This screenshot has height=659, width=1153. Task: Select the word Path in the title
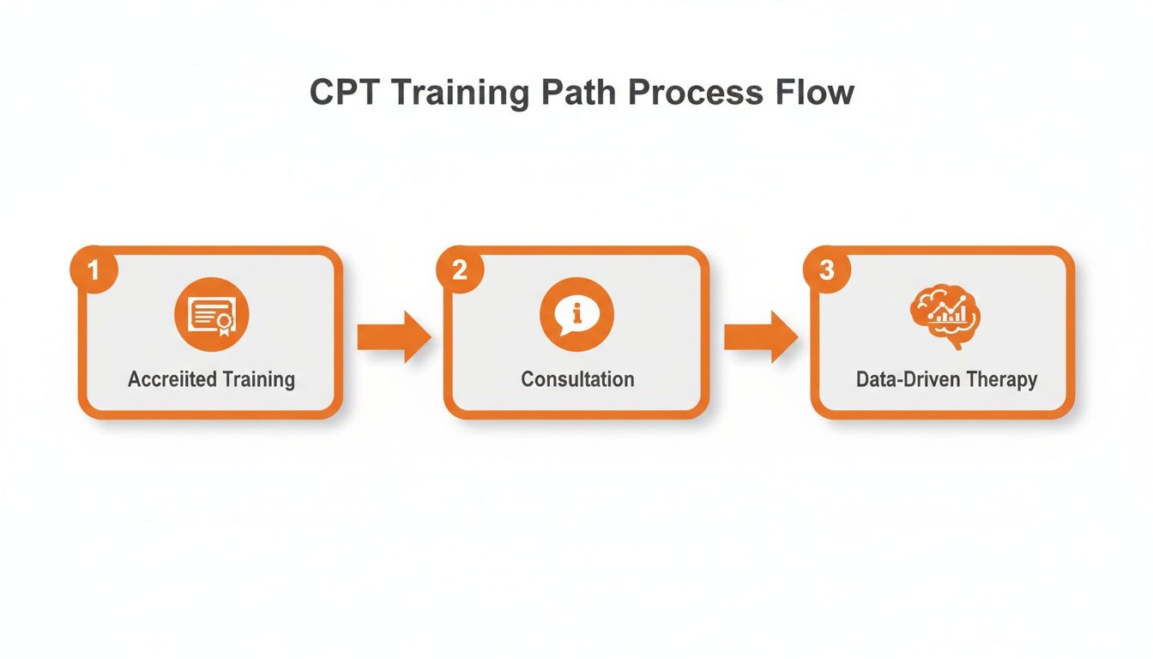[576, 93]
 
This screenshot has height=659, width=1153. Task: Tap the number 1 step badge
[94, 270]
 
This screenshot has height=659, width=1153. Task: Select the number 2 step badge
[460, 270]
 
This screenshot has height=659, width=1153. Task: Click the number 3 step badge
[826, 270]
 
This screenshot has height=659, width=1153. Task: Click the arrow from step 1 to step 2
[393, 336]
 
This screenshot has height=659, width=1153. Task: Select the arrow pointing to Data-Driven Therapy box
[760, 336]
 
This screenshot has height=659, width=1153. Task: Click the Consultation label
[577, 379]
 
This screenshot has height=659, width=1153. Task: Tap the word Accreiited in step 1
[174, 379]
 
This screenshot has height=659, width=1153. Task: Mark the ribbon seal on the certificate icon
[226, 323]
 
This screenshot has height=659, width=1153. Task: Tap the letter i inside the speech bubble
[576, 312]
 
